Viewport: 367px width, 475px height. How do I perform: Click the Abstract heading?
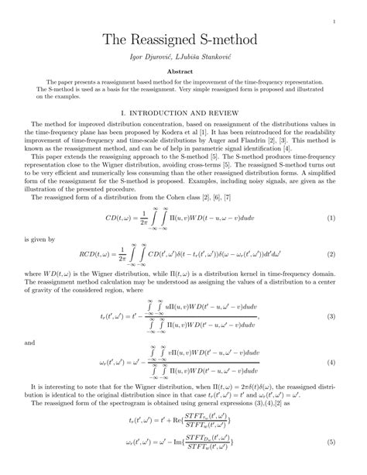tap(183, 70)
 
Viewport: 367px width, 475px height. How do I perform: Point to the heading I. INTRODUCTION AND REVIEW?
tap(183, 112)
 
